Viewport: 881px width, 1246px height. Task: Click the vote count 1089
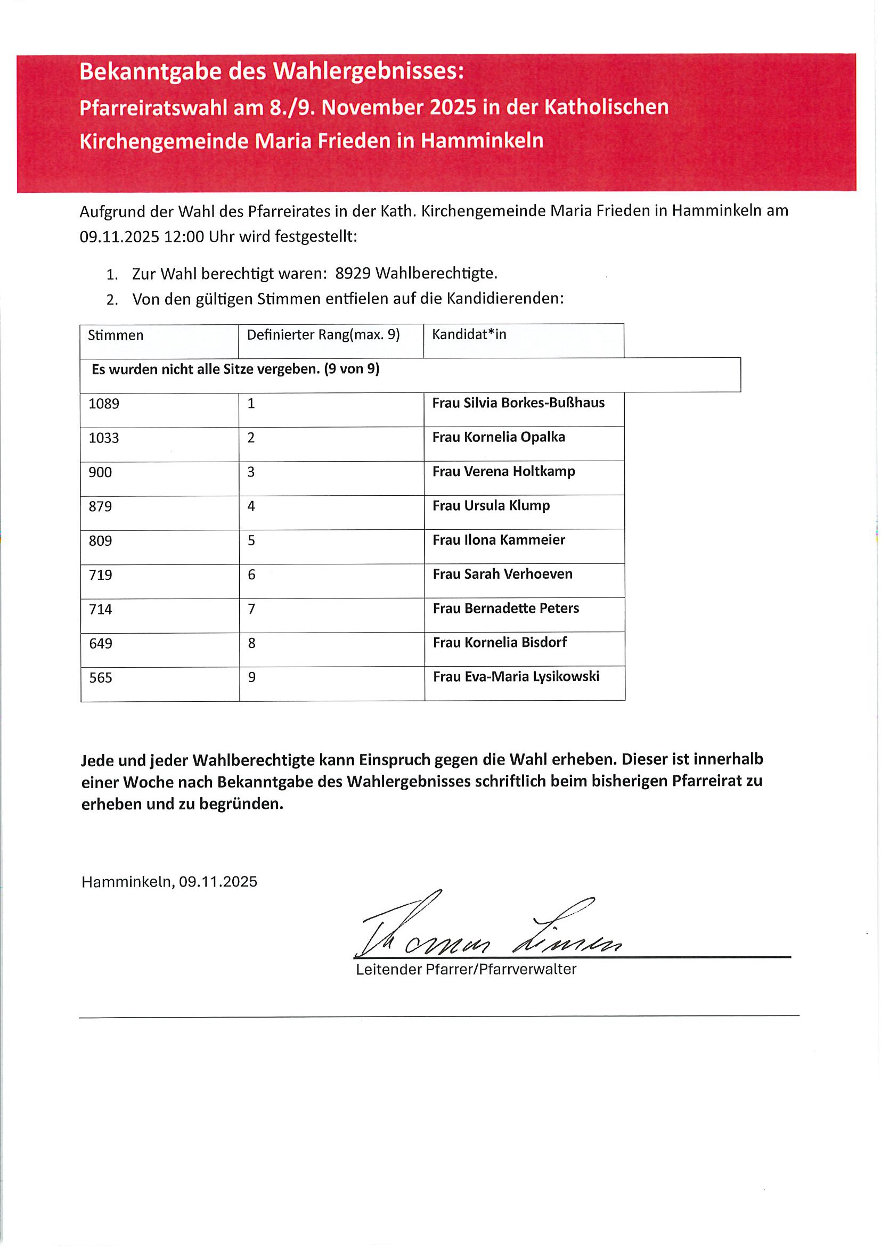coord(104,404)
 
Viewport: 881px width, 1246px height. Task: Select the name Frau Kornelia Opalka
coord(499,437)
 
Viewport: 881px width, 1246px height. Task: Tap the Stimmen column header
coord(116,335)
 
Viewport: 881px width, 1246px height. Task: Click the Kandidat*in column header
coord(469,334)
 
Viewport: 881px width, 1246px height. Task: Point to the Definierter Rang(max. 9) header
coord(323,335)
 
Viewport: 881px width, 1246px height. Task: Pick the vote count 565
coord(101,678)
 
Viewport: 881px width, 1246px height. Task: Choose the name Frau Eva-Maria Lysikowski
coord(516,677)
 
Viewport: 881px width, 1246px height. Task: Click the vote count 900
coord(101,472)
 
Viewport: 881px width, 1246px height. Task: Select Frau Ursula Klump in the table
coord(491,506)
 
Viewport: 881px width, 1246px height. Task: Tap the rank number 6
coord(251,575)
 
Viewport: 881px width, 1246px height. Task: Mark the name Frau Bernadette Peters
coord(505,608)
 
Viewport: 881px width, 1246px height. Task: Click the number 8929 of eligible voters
coord(353,274)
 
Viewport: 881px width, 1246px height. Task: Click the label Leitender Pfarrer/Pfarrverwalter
coord(466,970)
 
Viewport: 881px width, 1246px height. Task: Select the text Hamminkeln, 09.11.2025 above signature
coord(169,882)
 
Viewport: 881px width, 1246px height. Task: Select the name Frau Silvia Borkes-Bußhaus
coord(518,403)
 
